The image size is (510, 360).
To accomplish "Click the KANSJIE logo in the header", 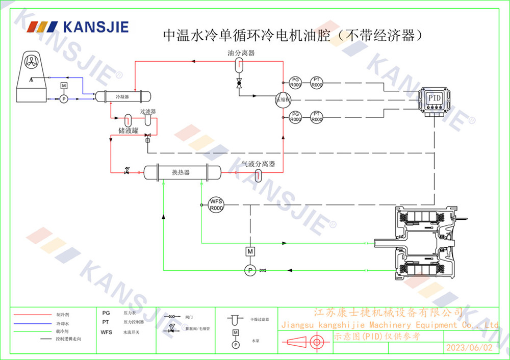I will click(x=76, y=27).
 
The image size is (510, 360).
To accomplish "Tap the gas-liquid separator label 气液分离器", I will click(x=258, y=164).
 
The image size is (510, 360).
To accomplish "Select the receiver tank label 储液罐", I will click(x=128, y=131).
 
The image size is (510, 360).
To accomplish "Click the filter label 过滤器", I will click(x=147, y=111).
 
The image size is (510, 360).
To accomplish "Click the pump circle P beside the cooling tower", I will click(x=64, y=99).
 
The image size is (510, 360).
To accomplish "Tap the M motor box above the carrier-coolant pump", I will click(x=250, y=251).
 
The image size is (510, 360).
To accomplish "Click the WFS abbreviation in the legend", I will click(x=106, y=332).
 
